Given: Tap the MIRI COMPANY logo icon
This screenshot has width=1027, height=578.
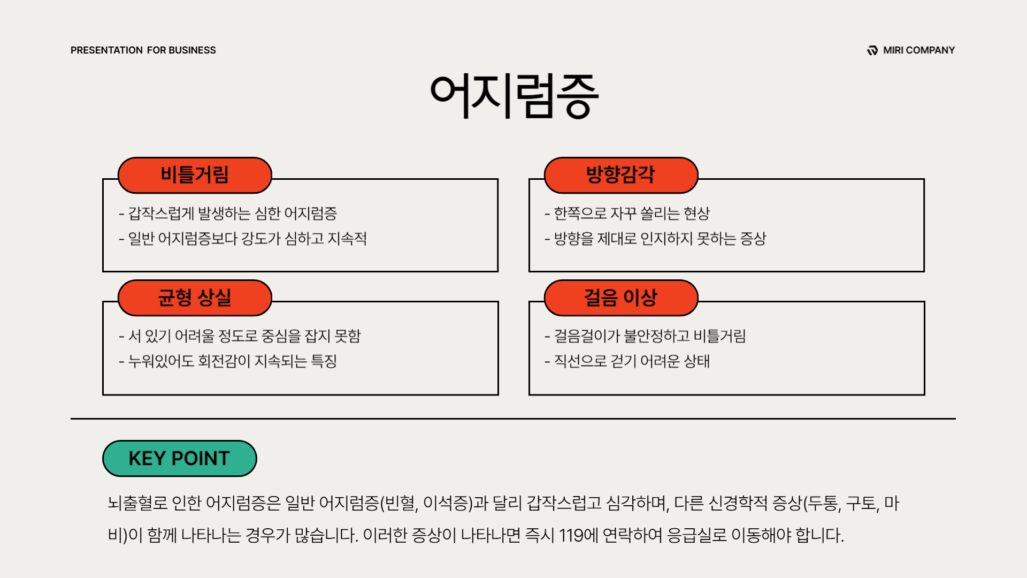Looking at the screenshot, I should click(872, 50).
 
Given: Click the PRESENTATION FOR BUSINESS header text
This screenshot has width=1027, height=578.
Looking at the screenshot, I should click(143, 50).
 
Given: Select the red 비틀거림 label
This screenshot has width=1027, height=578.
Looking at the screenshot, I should click(195, 175).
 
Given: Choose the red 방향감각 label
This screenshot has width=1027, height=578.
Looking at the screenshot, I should click(621, 175).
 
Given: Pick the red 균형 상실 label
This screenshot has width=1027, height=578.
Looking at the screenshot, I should click(195, 298).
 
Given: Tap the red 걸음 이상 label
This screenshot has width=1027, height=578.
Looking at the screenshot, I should click(621, 298).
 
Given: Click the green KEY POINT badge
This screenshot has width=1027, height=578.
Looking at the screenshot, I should click(179, 459).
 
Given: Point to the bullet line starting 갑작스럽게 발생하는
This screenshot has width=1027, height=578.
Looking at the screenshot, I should click(228, 214).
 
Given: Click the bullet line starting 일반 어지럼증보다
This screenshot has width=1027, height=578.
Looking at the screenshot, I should click(243, 239).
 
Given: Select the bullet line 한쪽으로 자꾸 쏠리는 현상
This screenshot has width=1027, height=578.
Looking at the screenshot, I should click(627, 214).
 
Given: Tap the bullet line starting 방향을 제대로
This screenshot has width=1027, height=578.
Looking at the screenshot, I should click(655, 239).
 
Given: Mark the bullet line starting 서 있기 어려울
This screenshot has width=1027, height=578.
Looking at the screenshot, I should click(240, 336).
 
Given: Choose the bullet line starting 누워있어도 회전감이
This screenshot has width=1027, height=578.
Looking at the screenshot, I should click(228, 361).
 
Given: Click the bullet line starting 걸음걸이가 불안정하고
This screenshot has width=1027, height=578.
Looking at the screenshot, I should click(645, 336).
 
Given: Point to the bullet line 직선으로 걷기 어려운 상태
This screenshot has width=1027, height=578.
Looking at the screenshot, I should click(627, 361).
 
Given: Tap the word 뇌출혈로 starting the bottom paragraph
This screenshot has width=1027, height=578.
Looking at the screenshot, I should click(137, 503).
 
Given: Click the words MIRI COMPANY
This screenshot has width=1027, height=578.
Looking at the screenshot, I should click(919, 50).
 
